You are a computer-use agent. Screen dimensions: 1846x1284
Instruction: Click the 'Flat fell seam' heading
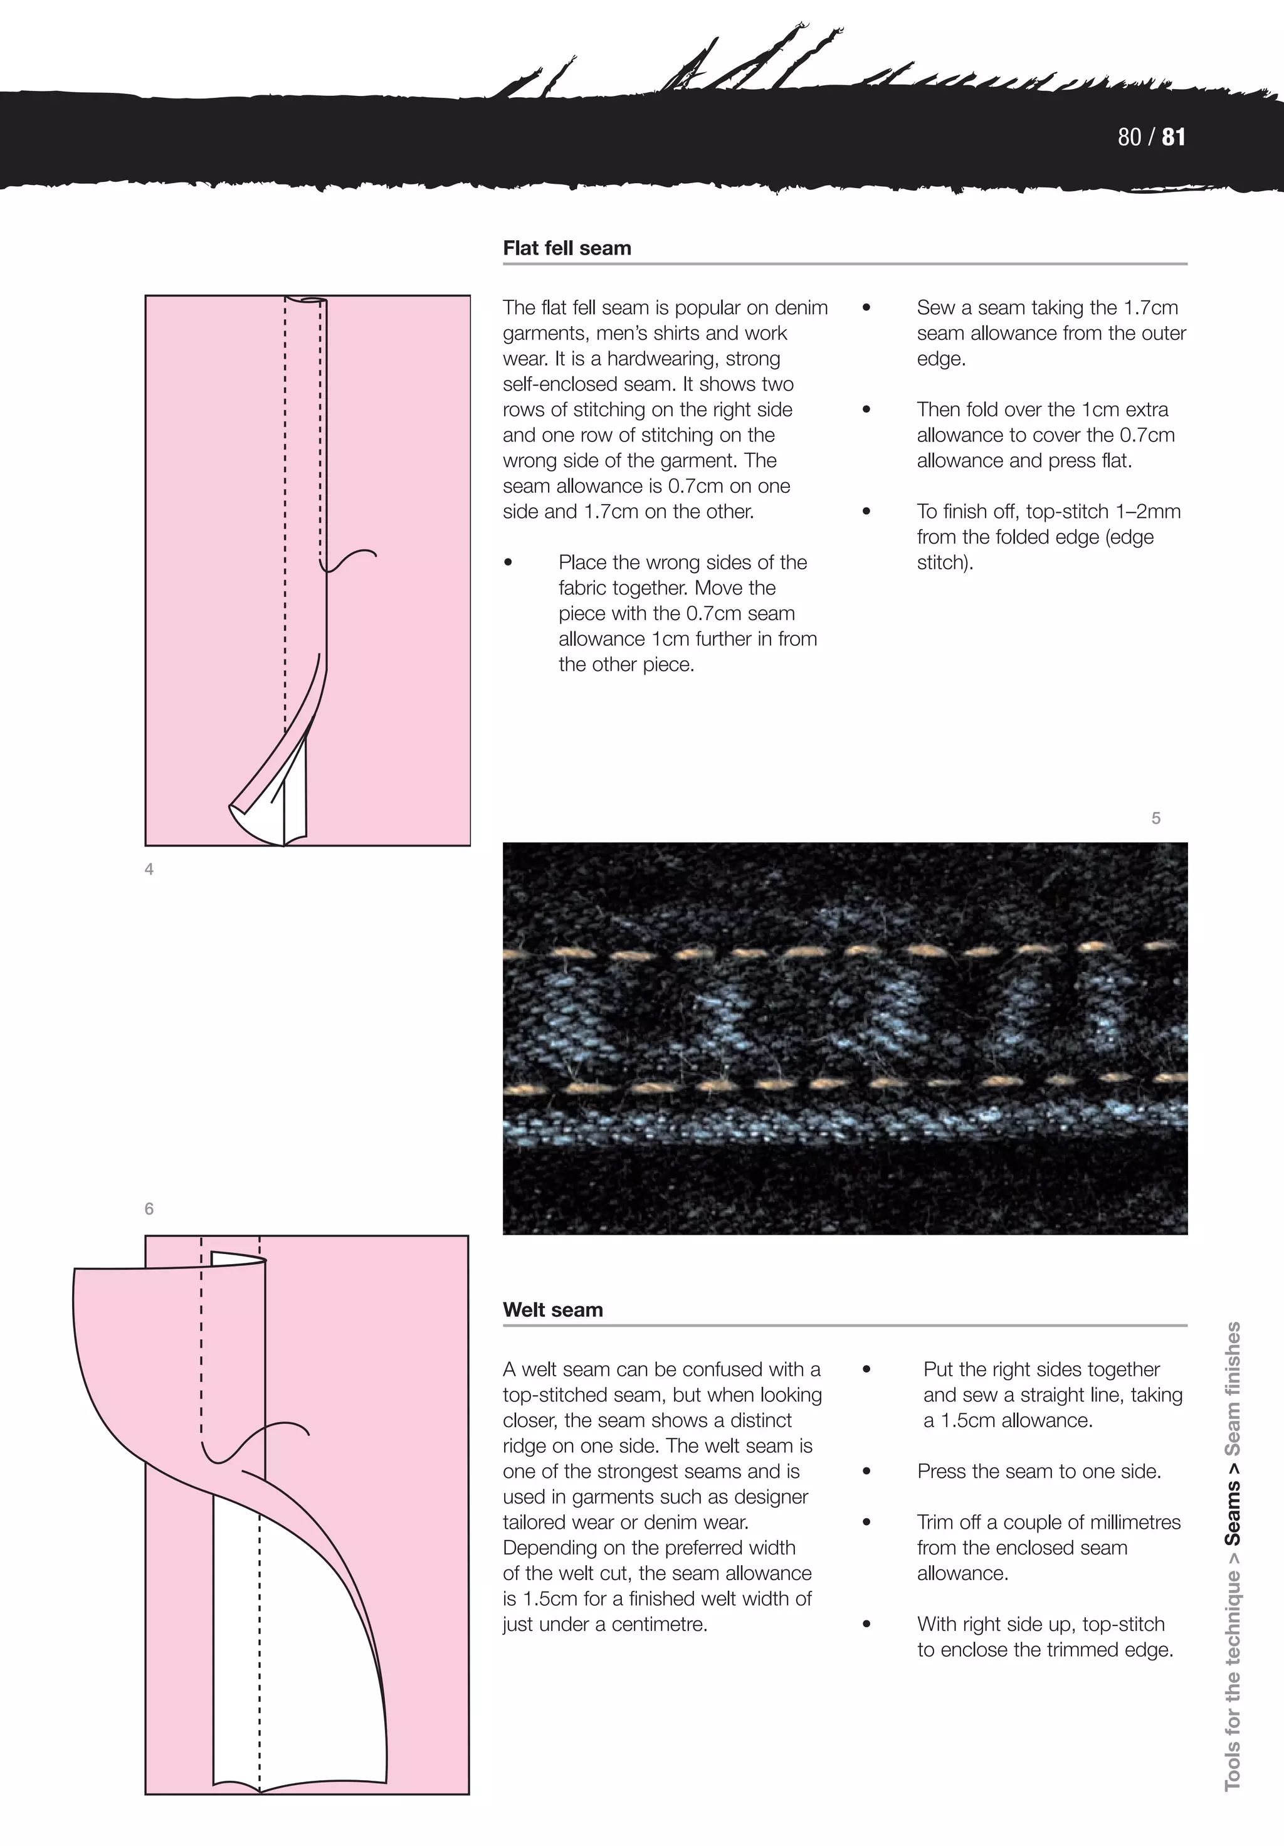tap(567, 248)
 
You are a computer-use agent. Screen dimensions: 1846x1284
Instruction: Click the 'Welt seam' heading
tap(552, 1310)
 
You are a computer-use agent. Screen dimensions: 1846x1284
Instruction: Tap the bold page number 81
tap(1173, 137)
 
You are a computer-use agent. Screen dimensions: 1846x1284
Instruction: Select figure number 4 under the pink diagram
tap(149, 869)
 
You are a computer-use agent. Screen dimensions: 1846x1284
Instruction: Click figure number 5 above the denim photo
tap(1155, 818)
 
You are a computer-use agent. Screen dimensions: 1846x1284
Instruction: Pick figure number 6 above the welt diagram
tap(149, 1208)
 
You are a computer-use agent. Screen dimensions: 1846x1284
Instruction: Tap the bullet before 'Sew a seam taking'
tap(866, 308)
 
